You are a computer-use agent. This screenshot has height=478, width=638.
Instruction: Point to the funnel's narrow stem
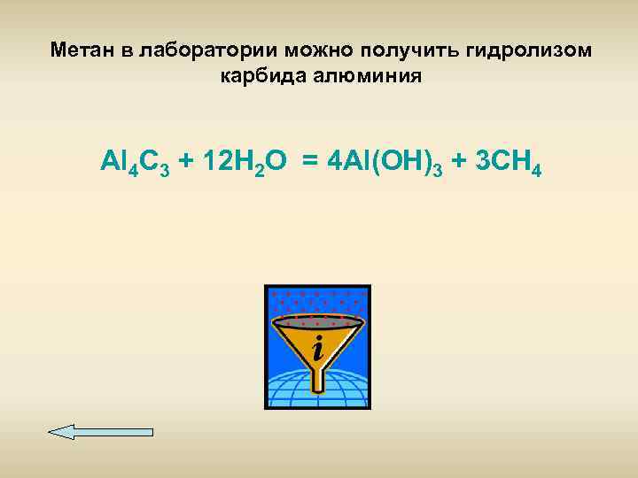tap(317, 372)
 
